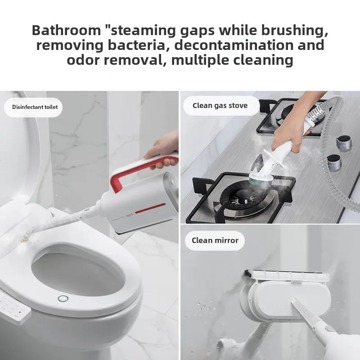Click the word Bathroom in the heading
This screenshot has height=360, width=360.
pos(66,30)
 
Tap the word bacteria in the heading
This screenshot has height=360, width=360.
pos(136,45)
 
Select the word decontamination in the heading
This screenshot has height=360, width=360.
pos(234,45)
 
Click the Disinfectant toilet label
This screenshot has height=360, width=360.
pos(35,107)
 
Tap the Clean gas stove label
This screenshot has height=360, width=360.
pos(220,105)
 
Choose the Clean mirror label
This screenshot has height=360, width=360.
pos(215,240)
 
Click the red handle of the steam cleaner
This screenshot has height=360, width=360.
pos(140,169)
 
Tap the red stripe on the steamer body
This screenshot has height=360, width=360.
pos(150,208)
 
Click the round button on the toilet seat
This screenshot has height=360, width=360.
pos(63,298)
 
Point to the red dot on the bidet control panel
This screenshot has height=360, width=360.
pos(20,312)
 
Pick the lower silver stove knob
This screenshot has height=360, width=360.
pos(334,162)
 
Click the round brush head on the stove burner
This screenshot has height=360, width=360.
pos(261,180)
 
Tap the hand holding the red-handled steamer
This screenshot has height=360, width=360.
pos(162,150)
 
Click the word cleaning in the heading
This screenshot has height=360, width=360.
pos(263,60)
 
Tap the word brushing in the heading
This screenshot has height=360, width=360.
pos(295,30)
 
